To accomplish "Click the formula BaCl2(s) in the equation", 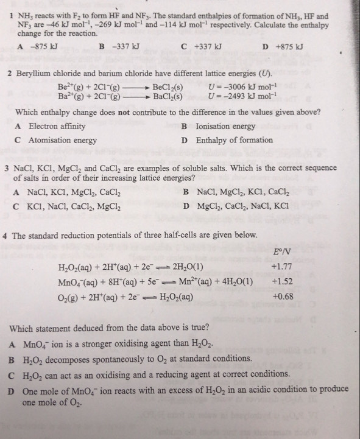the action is pos(168,96).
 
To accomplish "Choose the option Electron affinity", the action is pos(57,126).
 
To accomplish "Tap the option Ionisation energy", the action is pos(225,126).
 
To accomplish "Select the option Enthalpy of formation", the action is pos(234,140).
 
